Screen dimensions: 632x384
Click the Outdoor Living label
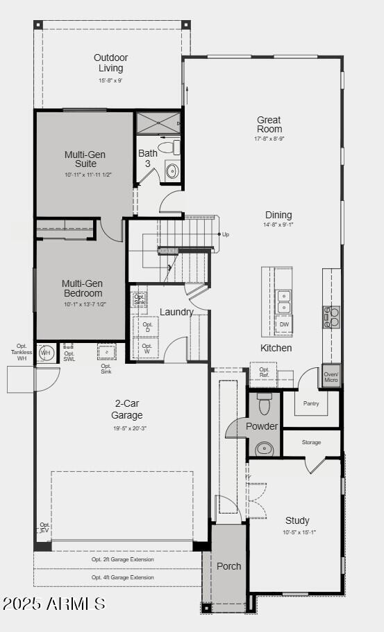[111, 63]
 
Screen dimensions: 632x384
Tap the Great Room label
[269, 125]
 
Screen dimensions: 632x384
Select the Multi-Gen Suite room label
[81, 159]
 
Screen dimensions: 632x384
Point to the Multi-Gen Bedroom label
[82, 288]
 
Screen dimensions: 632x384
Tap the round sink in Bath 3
[172, 171]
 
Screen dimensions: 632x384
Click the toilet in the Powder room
[264, 403]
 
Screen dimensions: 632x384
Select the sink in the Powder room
[265, 448]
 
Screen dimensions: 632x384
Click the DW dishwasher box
[284, 324]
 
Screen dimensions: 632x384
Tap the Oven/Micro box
[331, 376]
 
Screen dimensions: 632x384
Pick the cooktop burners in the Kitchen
[331, 317]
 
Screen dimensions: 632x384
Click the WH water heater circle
[46, 353]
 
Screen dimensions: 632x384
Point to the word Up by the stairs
[225, 234]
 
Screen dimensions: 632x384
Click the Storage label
[311, 442]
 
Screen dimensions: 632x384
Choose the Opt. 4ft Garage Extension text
[123, 577]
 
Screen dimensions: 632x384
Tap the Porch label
[228, 566]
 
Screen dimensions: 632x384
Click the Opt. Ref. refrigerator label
[264, 372]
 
